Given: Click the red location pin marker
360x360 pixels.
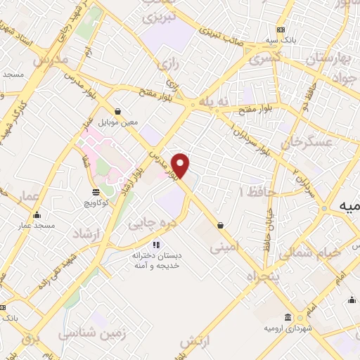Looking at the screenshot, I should (x=181, y=165).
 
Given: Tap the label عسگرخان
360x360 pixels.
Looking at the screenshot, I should (x=305, y=143).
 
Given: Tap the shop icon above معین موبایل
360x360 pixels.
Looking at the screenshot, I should (x=117, y=111).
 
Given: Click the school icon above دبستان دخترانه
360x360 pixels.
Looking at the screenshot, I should (x=156, y=245).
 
